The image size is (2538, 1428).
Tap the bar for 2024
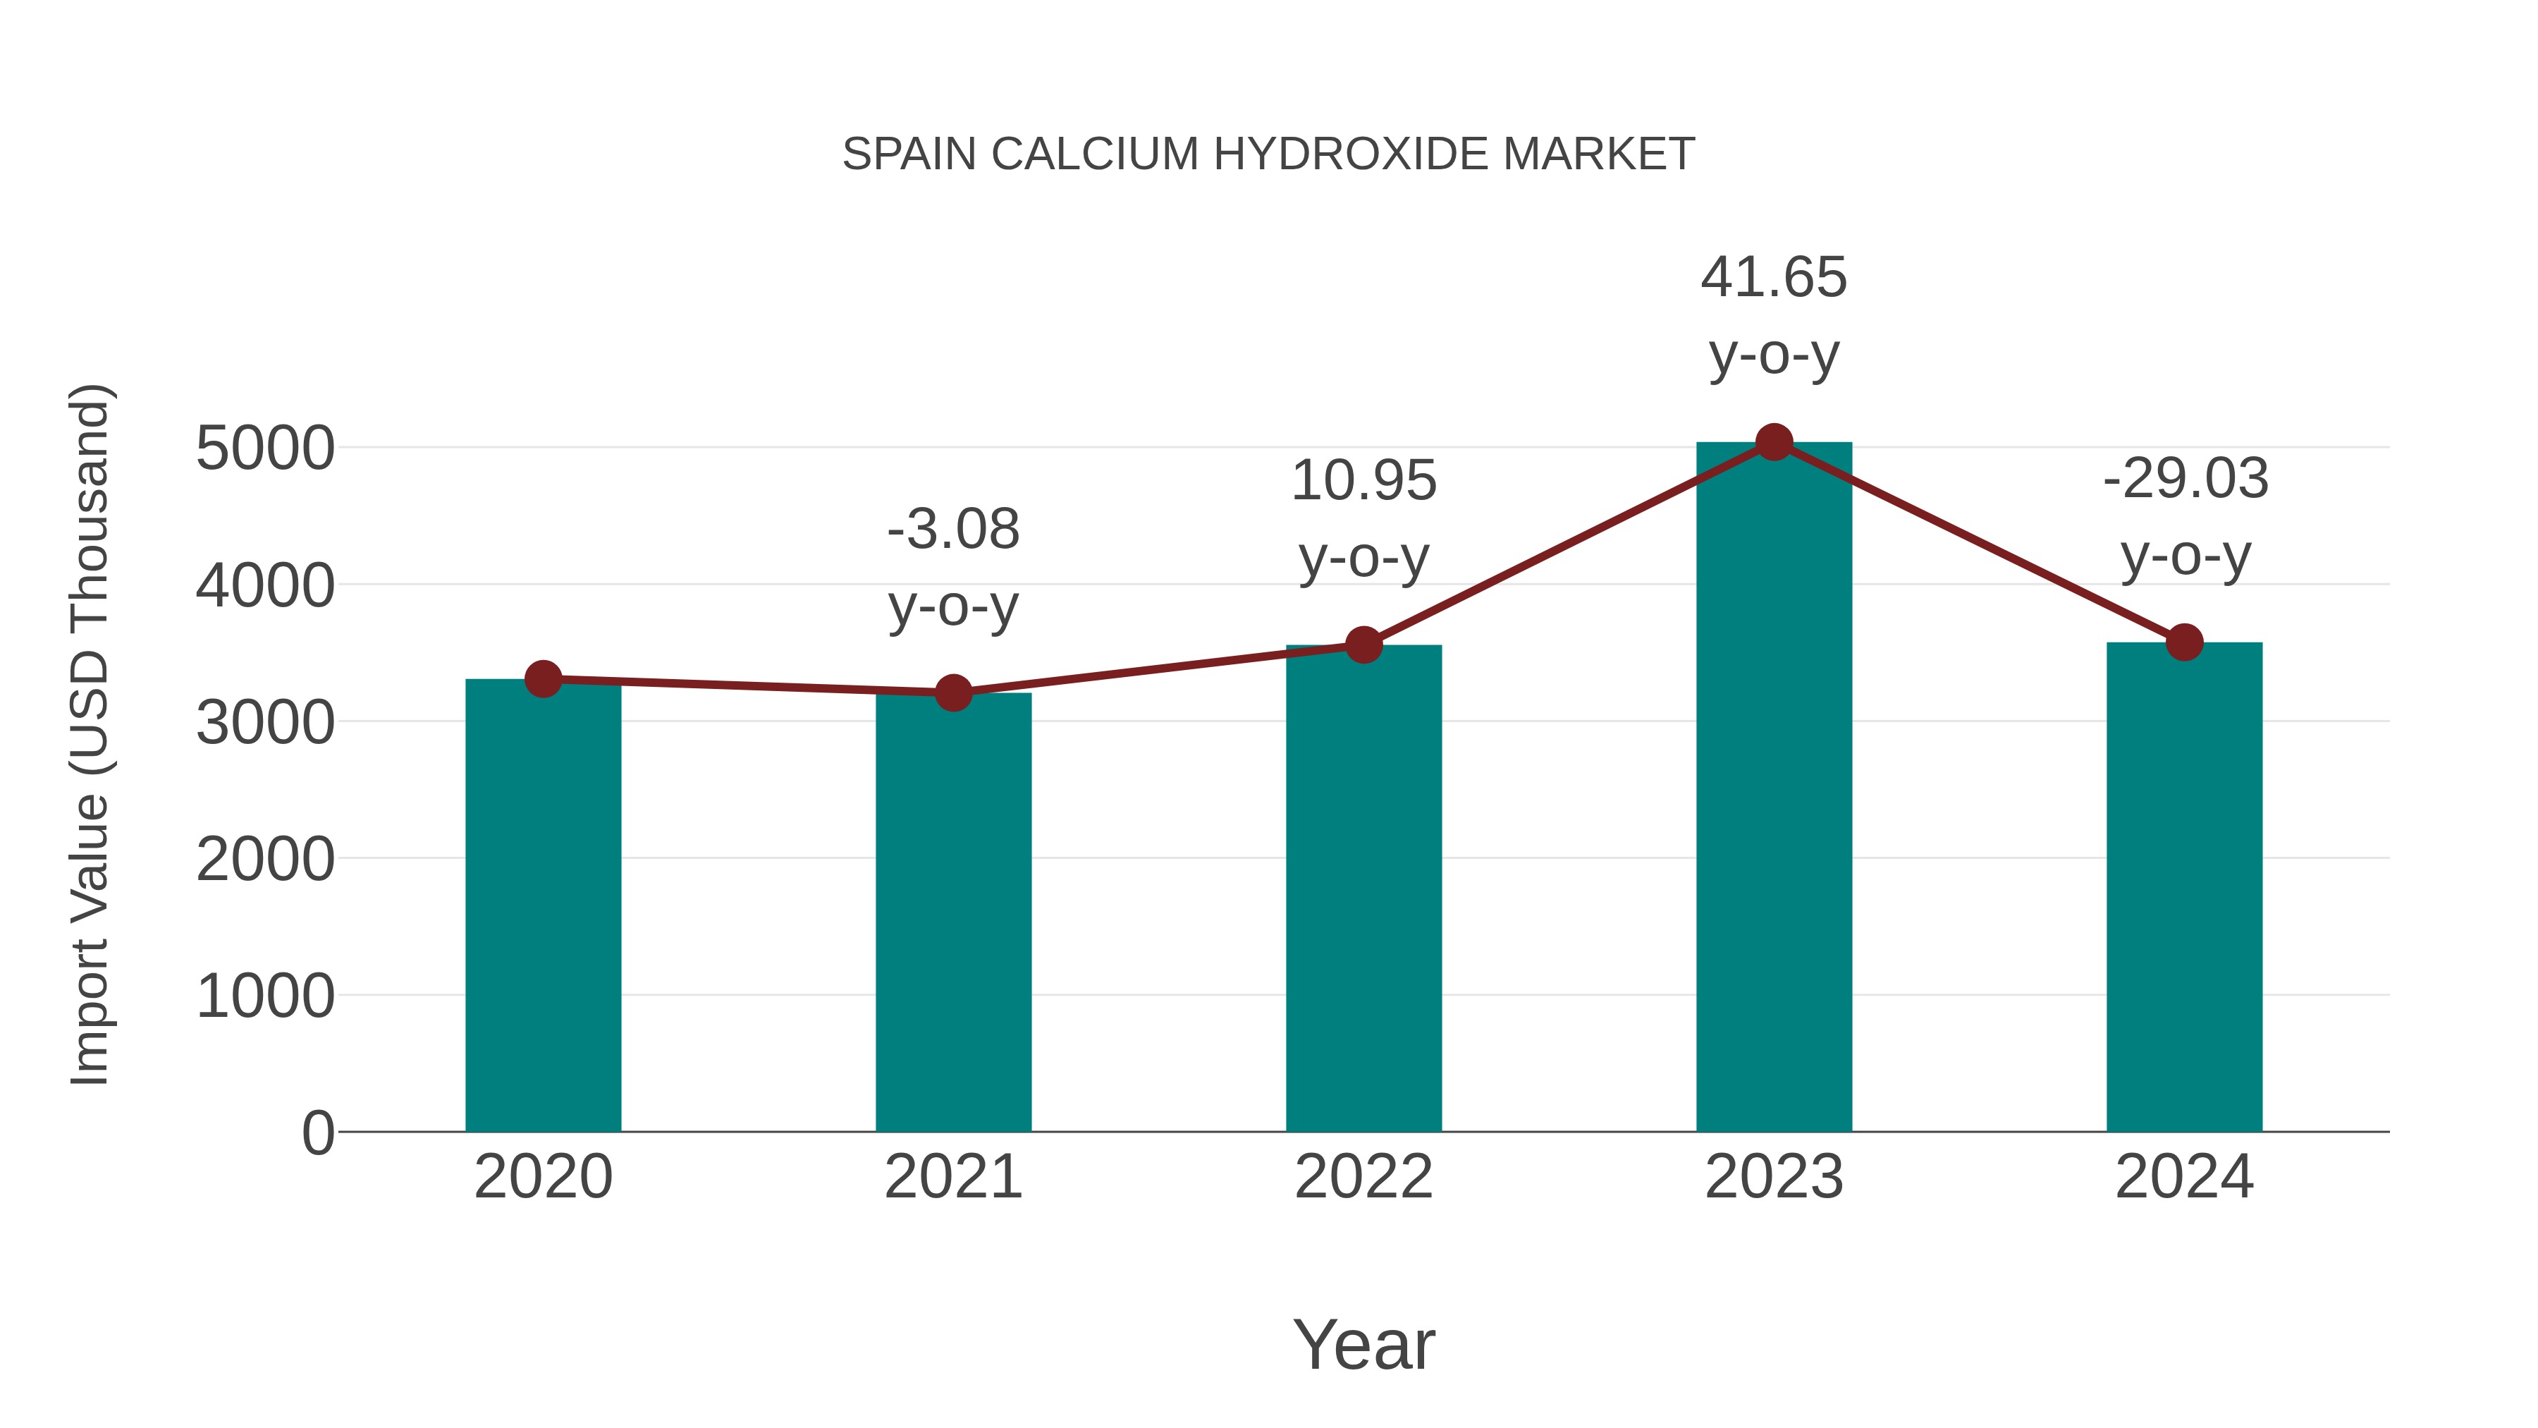coord(2184,887)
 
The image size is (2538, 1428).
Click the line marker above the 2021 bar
coord(952,692)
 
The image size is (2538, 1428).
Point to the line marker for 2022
coord(1363,645)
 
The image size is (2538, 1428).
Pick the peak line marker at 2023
coord(1774,442)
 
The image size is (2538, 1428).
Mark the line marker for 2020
coord(543,679)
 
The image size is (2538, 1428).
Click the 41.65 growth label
coord(1774,278)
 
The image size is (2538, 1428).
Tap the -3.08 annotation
coord(952,530)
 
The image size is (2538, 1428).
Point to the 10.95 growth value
coord(1363,482)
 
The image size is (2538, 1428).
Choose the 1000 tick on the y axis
coord(265,996)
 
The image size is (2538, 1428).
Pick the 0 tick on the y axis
coord(317,1133)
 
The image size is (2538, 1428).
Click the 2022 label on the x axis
coord(1363,1178)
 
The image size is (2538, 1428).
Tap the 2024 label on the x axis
coord(2184,1178)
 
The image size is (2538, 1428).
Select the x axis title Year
coord(1363,1345)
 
